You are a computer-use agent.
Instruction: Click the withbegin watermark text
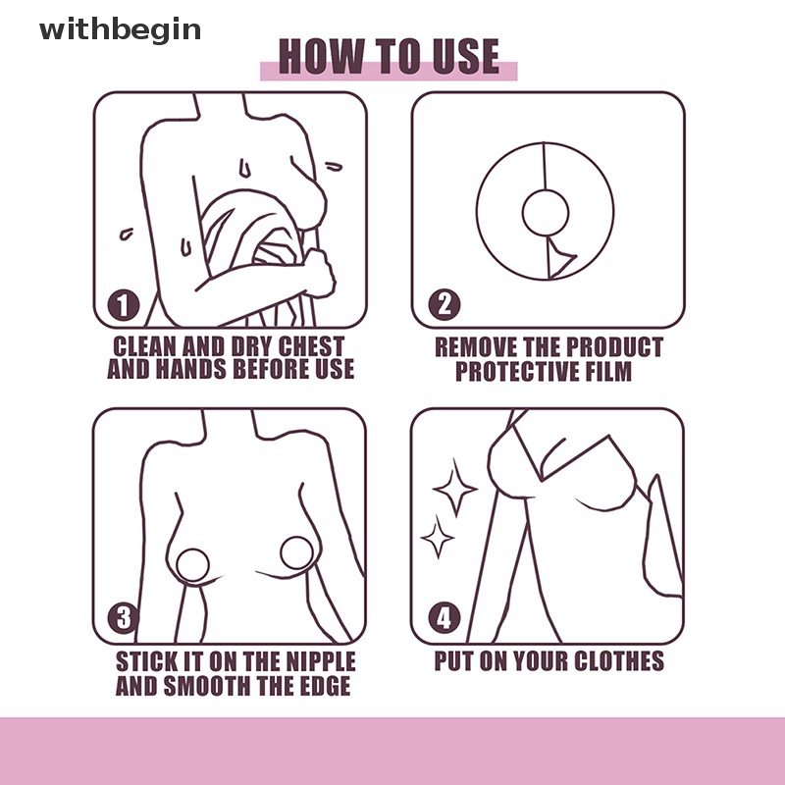[x=120, y=30]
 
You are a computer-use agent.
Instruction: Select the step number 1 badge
[x=124, y=305]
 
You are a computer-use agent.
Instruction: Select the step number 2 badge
[x=445, y=305]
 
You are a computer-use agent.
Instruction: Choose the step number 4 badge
[x=445, y=617]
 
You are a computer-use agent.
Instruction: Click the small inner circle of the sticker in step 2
[x=546, y=212]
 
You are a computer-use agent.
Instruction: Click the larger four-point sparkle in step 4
[x=455, y=488]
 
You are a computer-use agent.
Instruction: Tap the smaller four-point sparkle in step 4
[x=438, y=537]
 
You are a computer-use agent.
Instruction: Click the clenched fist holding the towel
[x=320, y=273]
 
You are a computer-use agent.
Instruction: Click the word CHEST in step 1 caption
[x=311, y=347]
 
